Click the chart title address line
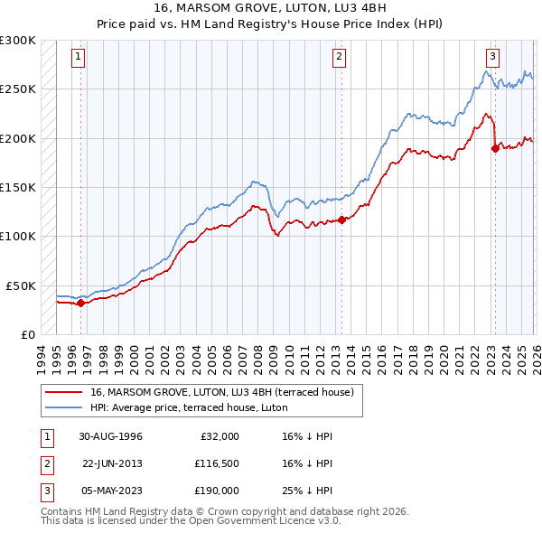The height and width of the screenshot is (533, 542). click(x=271, y=9)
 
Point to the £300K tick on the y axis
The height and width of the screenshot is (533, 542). click(x=18, y=41)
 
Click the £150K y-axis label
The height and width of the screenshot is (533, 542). click(x=18, y=187)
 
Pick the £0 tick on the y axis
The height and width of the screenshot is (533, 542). click(x=28, y=334)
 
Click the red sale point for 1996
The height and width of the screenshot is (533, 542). click(x=80, y=303)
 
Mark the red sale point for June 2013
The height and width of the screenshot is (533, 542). click(x=341, y=220)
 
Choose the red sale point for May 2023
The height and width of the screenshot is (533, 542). click(x=495, y=148)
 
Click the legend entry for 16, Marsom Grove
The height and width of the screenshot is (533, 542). click(x=227, y=392)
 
